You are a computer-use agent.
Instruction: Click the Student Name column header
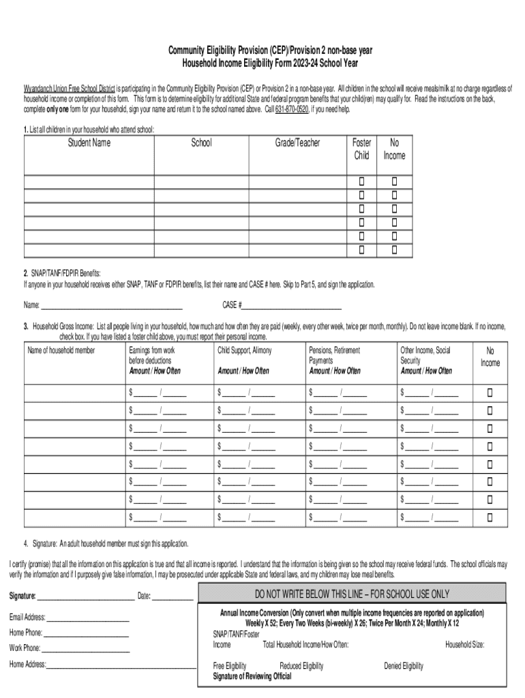89,143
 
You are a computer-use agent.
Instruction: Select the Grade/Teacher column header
297,143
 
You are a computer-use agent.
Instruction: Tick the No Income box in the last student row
394,249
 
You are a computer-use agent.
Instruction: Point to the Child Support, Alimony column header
244,350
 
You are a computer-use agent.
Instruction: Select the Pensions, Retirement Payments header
335,355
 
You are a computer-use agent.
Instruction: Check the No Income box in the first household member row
489,392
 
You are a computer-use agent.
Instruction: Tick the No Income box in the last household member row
489,516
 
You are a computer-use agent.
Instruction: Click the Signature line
85,596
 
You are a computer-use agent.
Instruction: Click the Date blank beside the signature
172,596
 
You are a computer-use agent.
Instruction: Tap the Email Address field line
87,618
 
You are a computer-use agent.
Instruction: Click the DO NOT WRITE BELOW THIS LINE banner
352,594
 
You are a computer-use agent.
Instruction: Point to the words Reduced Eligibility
301,666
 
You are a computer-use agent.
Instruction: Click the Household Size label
465,644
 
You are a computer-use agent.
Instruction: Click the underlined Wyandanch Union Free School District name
69,89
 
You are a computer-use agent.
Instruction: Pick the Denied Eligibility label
404,666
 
